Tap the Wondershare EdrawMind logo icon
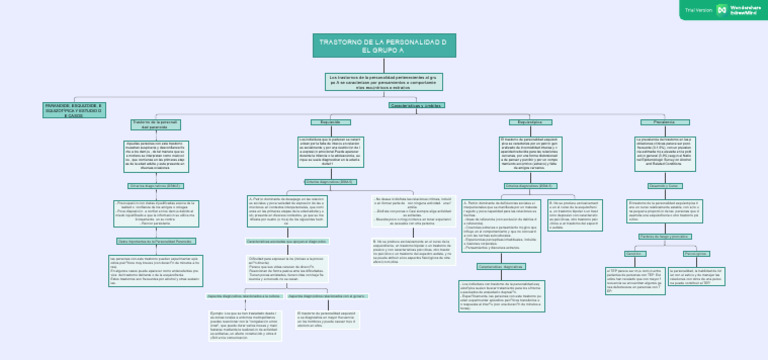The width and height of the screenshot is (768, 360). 722,9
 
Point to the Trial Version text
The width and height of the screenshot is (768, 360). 698,9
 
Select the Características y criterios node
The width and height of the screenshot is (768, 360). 416,104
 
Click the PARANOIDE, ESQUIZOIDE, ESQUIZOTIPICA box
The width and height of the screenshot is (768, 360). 74,109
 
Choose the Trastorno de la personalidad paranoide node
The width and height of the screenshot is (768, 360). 155,124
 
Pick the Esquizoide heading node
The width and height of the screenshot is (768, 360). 315,122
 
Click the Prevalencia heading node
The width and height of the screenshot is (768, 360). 664,122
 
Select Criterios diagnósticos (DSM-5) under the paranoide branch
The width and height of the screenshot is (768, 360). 155,186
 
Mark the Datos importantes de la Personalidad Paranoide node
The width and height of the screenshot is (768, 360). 155,242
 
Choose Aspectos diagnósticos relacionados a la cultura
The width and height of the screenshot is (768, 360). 242,297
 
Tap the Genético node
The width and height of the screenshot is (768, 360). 636,254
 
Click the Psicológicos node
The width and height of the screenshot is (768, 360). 697,254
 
